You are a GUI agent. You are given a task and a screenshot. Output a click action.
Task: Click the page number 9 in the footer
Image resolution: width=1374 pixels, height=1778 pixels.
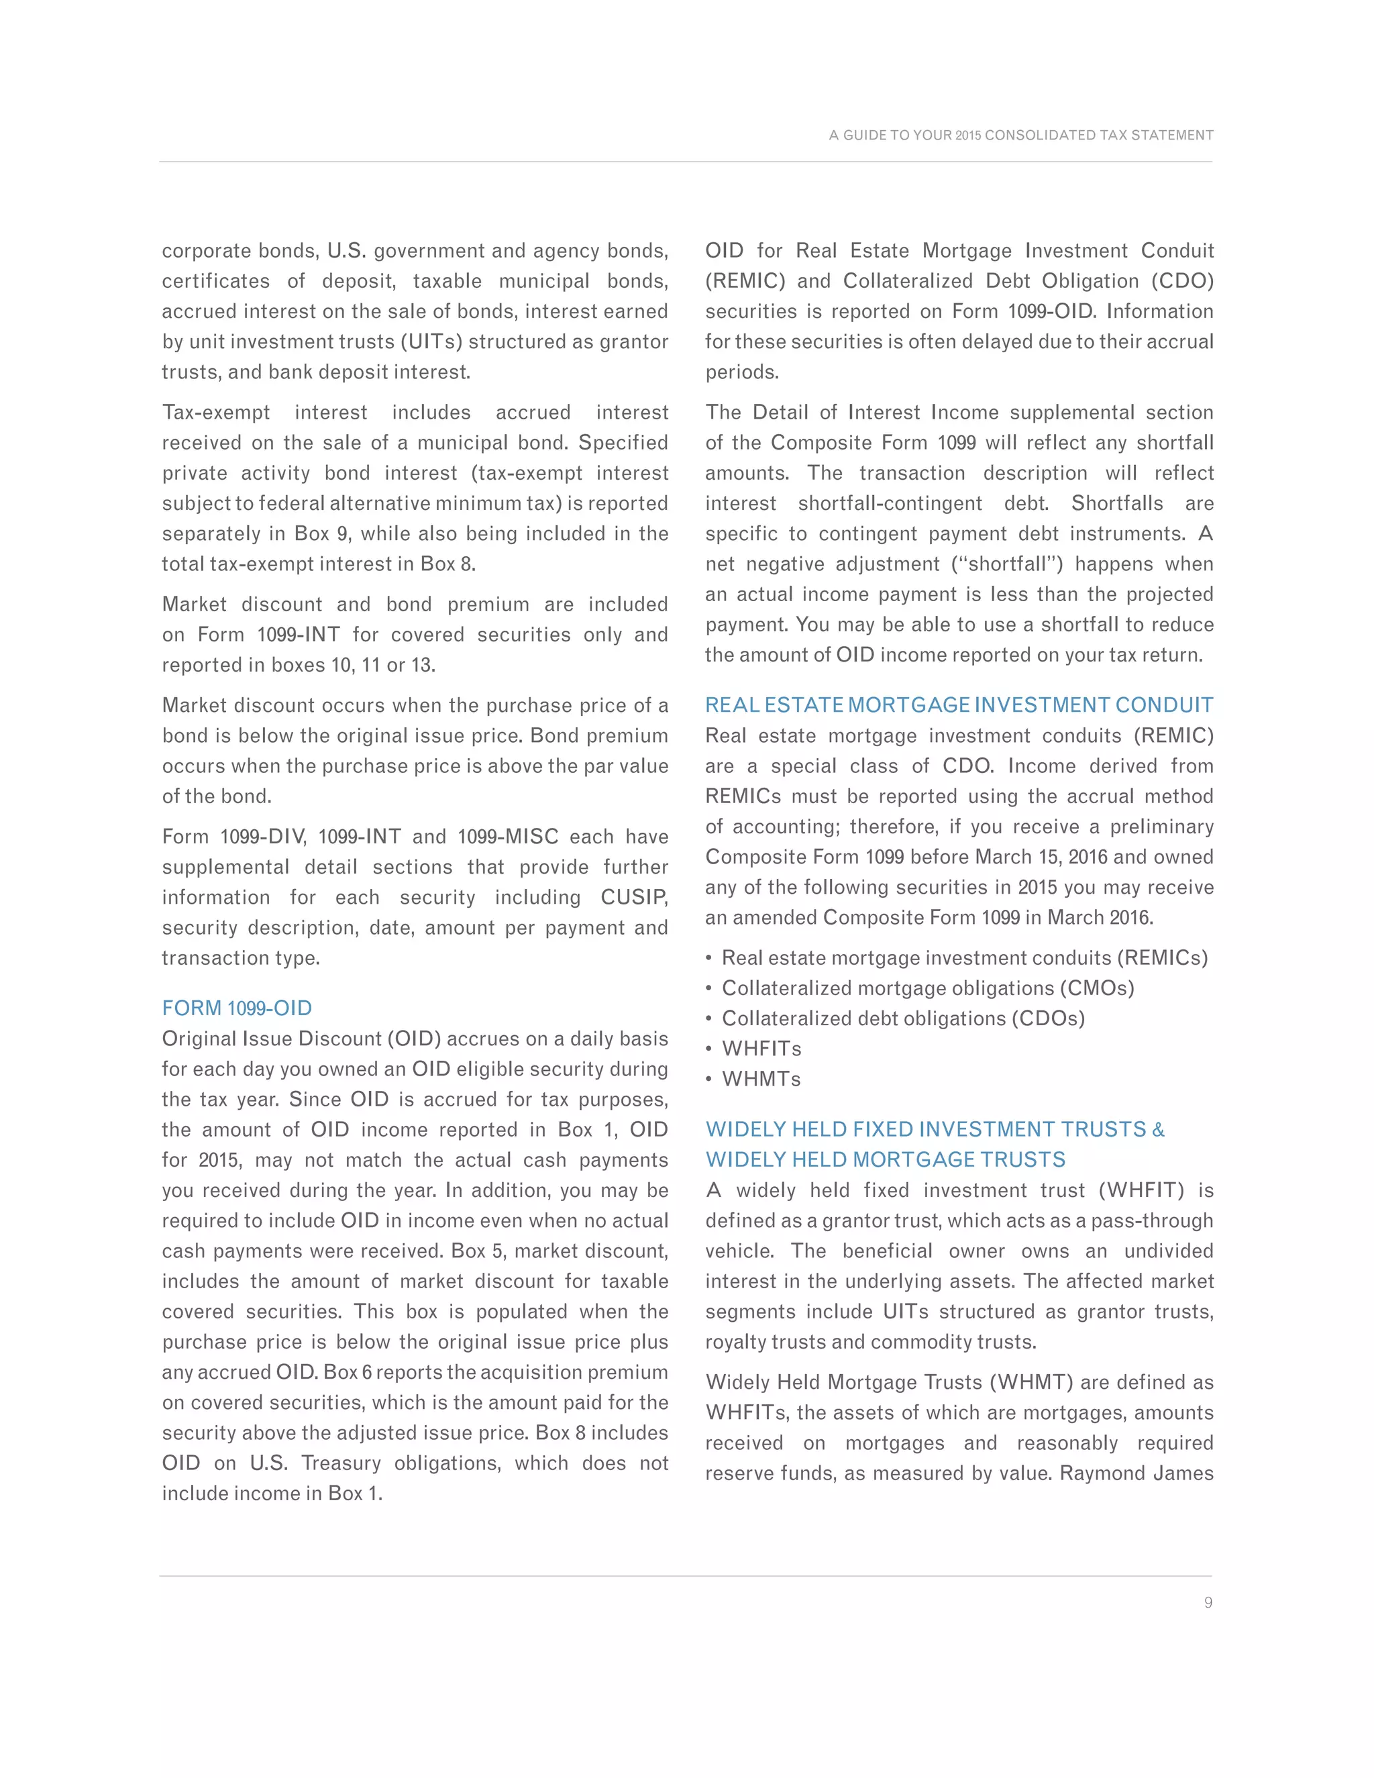point(1208,1602)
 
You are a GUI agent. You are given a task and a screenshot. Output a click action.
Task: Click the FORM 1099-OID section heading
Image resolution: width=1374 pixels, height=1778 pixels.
point(237,1008)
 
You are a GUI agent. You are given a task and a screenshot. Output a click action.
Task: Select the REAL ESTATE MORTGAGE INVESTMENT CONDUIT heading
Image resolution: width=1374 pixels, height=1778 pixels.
point(959,705)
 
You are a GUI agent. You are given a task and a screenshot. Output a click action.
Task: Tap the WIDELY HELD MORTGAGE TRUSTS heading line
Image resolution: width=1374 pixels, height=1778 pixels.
point(885,1159)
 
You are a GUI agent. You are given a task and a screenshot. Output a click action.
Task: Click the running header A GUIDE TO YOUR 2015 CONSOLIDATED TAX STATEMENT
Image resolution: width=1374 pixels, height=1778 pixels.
point(1020,135)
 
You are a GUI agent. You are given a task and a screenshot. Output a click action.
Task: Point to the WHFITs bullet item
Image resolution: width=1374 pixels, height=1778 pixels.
point(761,1049)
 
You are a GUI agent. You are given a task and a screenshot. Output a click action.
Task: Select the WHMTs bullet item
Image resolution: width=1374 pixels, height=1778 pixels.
point(761,1079)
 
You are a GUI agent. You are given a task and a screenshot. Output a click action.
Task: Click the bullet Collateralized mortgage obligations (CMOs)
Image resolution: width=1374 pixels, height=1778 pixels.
point(927,988)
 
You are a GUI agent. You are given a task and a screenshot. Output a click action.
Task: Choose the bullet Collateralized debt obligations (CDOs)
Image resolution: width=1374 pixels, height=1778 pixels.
point(903,1018)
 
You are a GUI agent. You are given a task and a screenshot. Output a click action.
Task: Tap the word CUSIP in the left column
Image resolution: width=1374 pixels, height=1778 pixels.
point(633,897)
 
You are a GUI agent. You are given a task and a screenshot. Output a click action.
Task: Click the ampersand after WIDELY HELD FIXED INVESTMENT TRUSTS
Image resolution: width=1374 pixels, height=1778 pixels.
point(1158,1130)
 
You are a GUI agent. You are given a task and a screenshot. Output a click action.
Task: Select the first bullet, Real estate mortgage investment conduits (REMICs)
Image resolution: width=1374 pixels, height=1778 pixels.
point(965,958)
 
